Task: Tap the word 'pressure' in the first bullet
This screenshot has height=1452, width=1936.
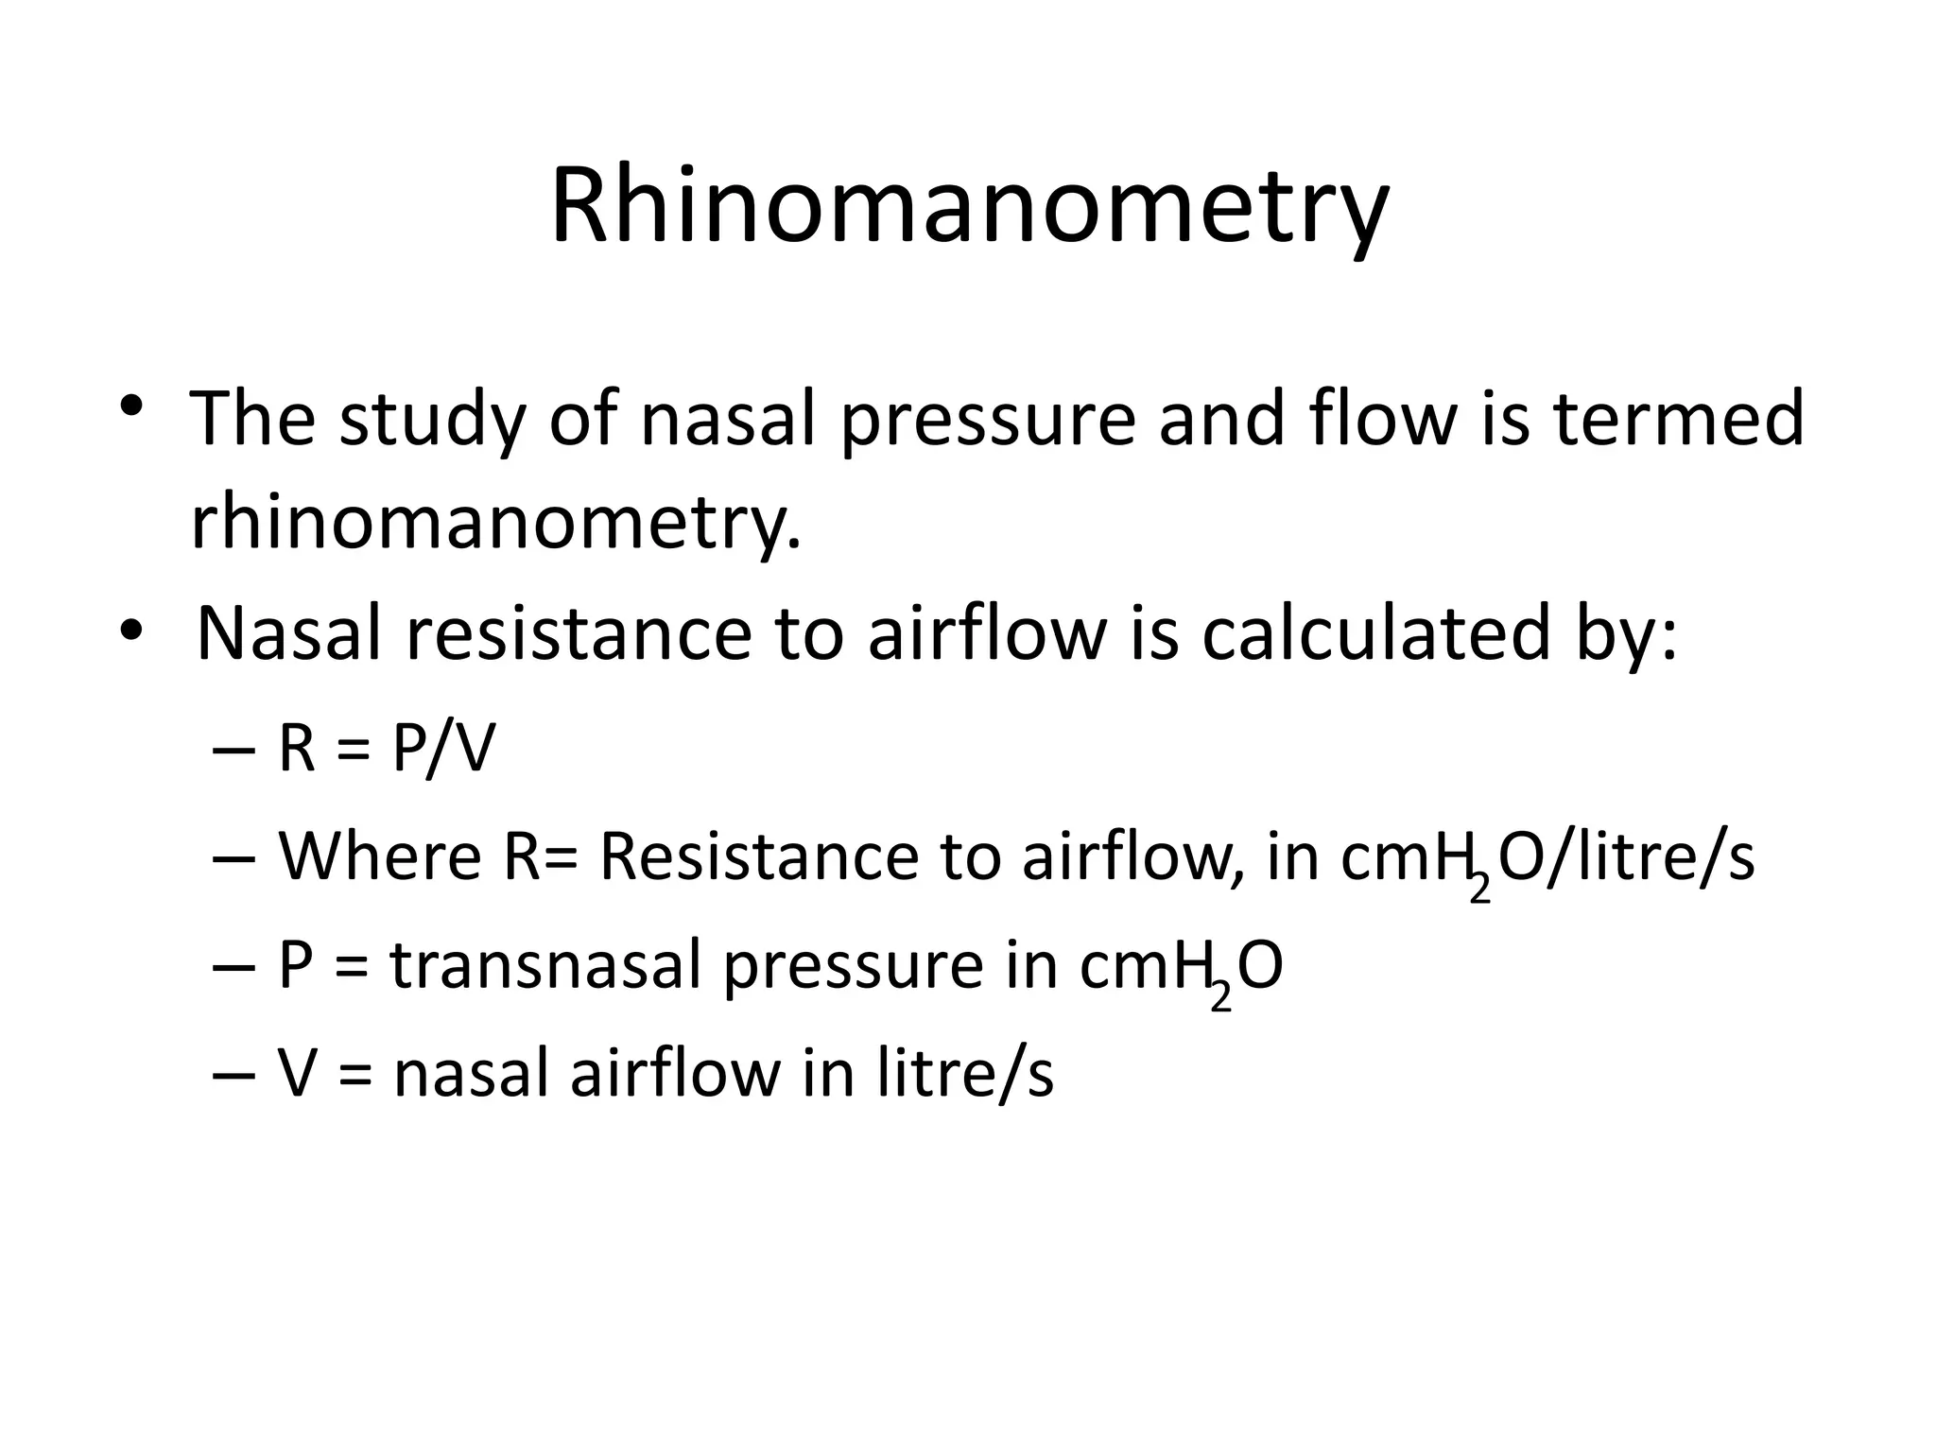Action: point(987,421)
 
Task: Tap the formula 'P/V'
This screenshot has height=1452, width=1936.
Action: point(442,750)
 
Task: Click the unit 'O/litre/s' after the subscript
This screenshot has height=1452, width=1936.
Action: point(1627,857)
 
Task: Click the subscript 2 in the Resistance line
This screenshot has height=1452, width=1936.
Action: point(1480,889)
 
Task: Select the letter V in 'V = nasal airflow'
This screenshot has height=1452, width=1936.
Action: point(296,1075)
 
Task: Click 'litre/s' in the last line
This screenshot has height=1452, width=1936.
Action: point(964,1075)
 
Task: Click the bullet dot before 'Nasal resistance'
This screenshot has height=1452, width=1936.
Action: point(131,630)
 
